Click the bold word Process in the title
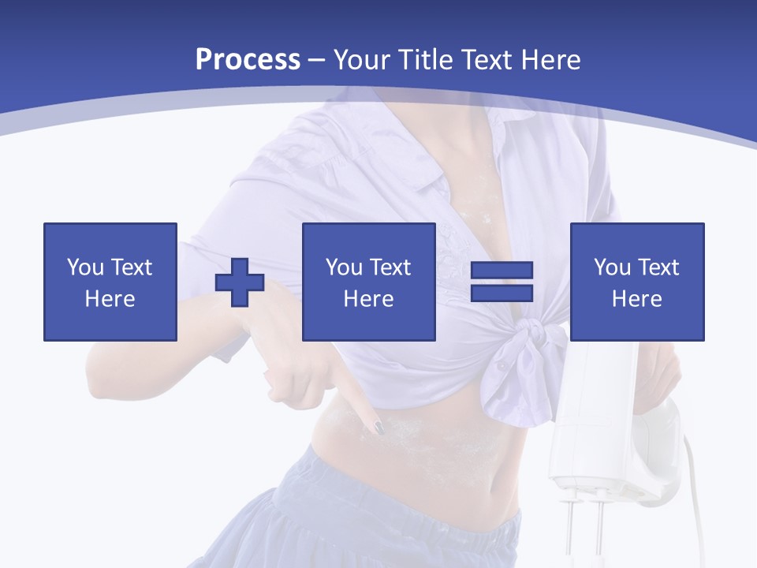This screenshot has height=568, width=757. [x=248, y=60]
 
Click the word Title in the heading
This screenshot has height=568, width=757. [x=423, y=60]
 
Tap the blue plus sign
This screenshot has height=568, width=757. [x=240, y=282]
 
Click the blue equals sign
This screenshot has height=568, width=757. [x=502, y=282]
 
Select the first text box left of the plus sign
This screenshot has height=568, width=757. [x=110, y=282]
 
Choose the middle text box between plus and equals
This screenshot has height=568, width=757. [x=369, y=282]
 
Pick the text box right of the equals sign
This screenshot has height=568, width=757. [x=637, y=282]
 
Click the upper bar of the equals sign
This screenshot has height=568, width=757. [x=502, y=271]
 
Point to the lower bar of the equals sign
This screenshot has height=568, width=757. [x=502, y=293]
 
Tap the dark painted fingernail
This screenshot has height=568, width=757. [x=378, y=427]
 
